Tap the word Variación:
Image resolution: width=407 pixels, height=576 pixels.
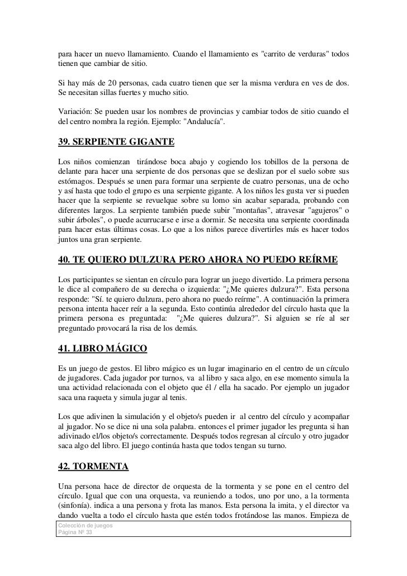[x=78, y=111]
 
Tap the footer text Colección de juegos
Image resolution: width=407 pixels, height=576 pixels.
[x=86, y=526]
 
